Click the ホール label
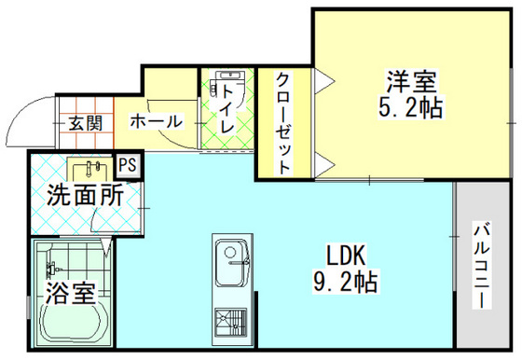[157, 121]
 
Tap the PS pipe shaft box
[128, 165]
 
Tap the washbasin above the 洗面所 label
[91, 169]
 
